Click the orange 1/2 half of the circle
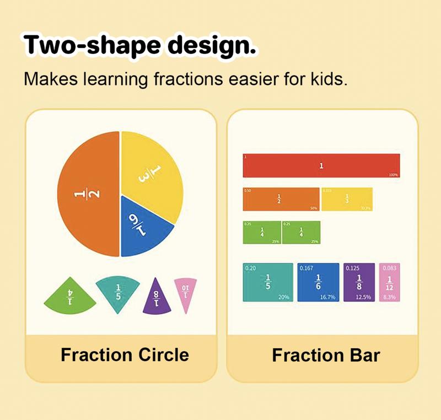[x=88, y=194]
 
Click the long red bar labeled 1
[x=321, y=165]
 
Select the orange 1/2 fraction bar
[x=281, y=199]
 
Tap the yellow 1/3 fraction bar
[x=346, y=199]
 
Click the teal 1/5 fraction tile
[x=268, y=282]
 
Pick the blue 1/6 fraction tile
[x=318, y=282]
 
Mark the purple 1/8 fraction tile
[x=359, y=282]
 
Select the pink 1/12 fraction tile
[x=389, y=282]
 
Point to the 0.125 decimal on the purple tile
[x=352, y=268]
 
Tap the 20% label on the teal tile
[x=284, y=297]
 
